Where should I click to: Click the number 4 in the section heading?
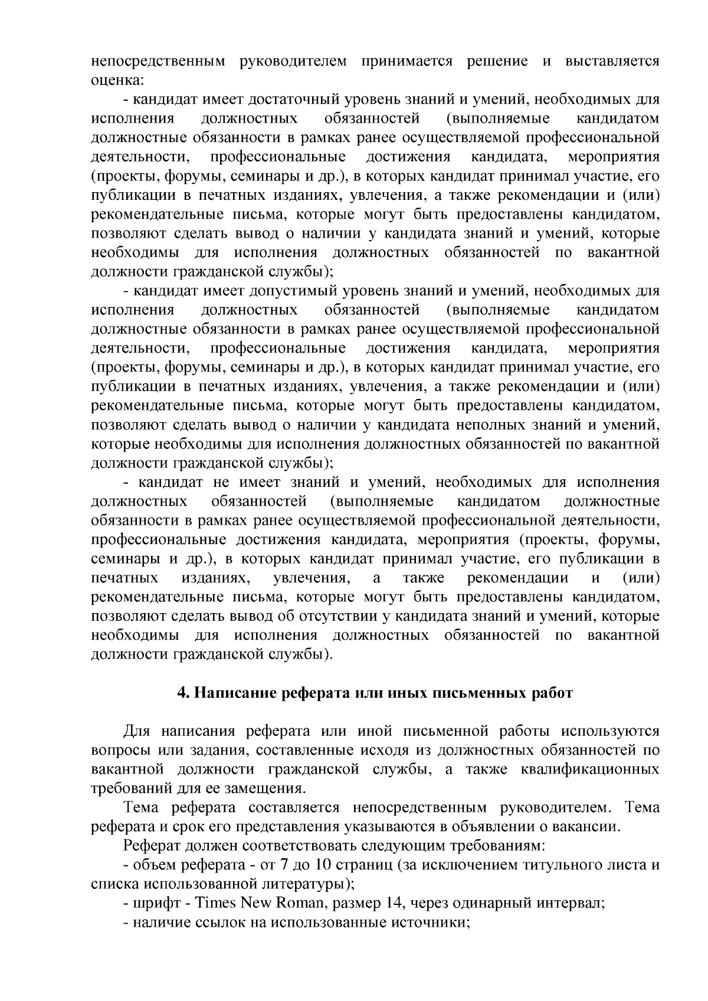[x=181, y=693]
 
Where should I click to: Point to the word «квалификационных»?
[x=590, y=769]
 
